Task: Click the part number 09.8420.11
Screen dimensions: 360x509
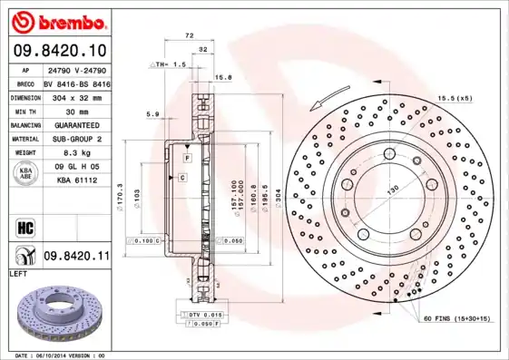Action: pyautogui.click(x=77, y=257)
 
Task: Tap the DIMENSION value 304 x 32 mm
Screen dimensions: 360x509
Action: pyautogui.click(x=76, y=96)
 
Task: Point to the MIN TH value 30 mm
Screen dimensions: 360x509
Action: pyautogui.click(x=76, y=111)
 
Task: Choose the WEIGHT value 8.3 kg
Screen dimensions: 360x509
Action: pyautogui.click(x=76, y=153)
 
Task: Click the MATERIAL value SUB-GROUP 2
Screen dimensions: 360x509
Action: pyautogui.click(x=76, y=139)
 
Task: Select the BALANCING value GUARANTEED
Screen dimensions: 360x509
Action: pyautogui.click(x=76, y=125)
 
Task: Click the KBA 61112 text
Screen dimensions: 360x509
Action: pyautogui.click(x=76, y=181)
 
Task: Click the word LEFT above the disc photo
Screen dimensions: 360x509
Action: pyautogui.click(x=18, y=273)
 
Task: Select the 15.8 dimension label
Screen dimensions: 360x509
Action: pyautogui.click(x=223, y=78)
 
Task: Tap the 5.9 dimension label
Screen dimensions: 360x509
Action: pyautogui.click(x=152, y=114)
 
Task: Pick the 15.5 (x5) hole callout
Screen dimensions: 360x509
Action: pyautogui.click(x=454, y=97)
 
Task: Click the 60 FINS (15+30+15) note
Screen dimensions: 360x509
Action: pyautogui.click(x=455, y=319)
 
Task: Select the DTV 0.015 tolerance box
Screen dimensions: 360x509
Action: pyautogui.click(x=202, y=314)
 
